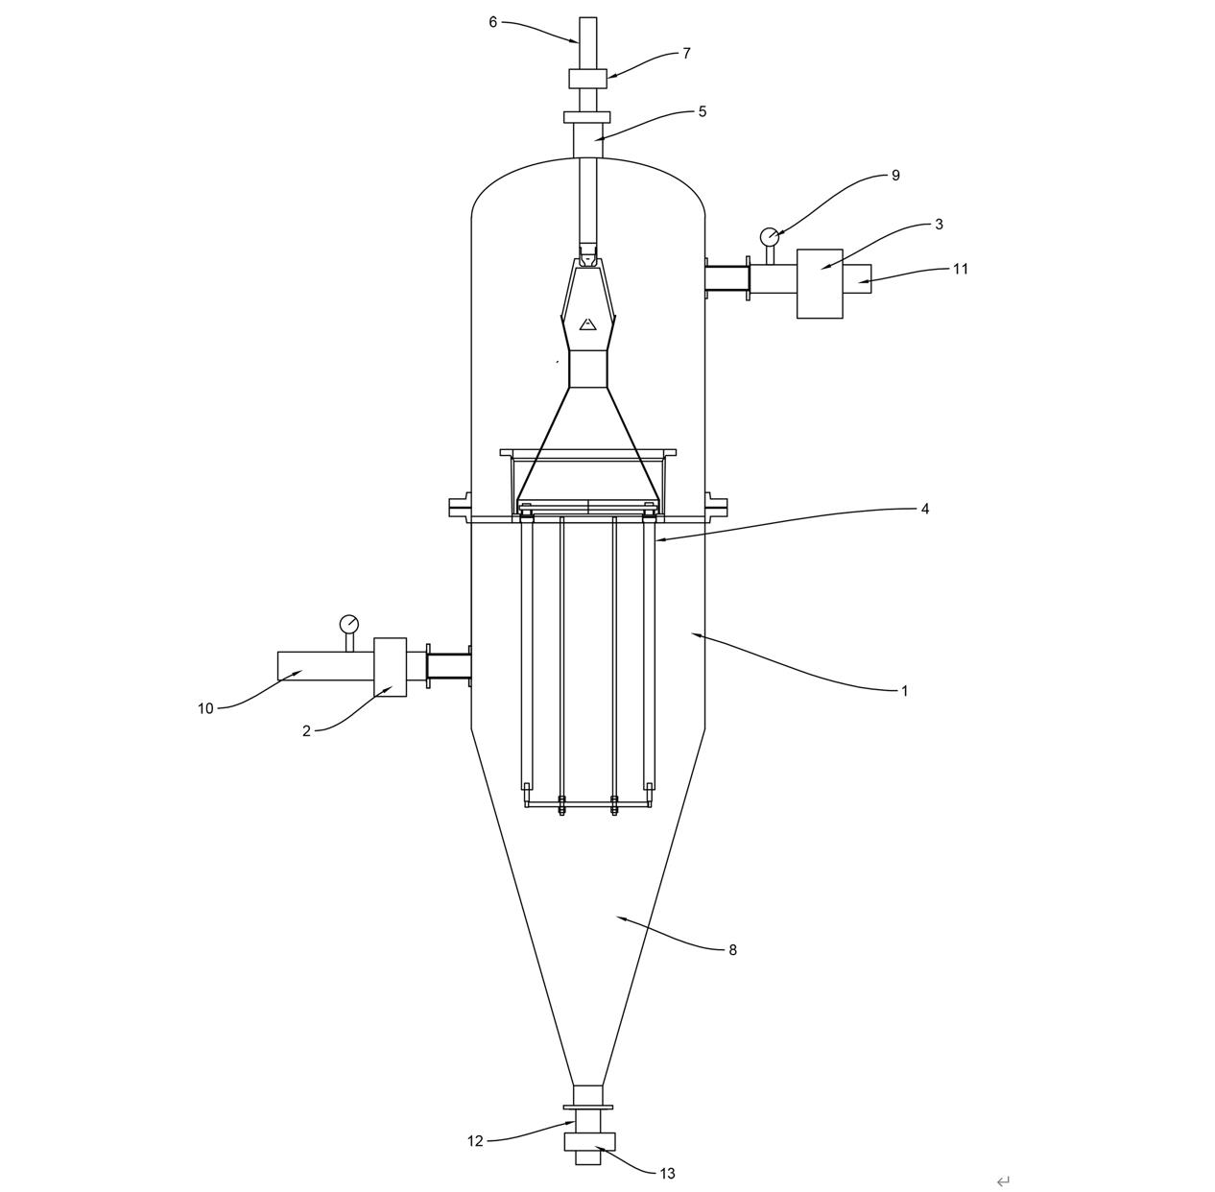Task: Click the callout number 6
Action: click(493, 22)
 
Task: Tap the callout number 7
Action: click(686, 54)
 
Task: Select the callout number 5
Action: click(703, 111)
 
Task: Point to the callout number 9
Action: click(895, 176)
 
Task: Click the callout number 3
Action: click(939, 225)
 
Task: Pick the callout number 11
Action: click(961, 269)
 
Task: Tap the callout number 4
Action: click(925, 509)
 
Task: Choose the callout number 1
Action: click(904, 690)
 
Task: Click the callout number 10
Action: click(205, 709)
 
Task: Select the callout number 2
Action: click(306, 731)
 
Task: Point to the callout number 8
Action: click(732, 950)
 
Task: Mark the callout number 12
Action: click(475, 1141)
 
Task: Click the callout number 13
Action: click(667, 1173)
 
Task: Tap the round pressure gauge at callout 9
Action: click(769, 236)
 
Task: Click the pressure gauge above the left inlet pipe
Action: click(348, 623)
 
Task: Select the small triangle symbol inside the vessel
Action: click(588, 324)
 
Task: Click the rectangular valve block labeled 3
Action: click(820, 283)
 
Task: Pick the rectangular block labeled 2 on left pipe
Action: click(390, 667)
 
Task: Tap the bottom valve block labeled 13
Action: click(588, 1141)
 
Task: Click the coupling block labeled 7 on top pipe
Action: click(587, 78)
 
